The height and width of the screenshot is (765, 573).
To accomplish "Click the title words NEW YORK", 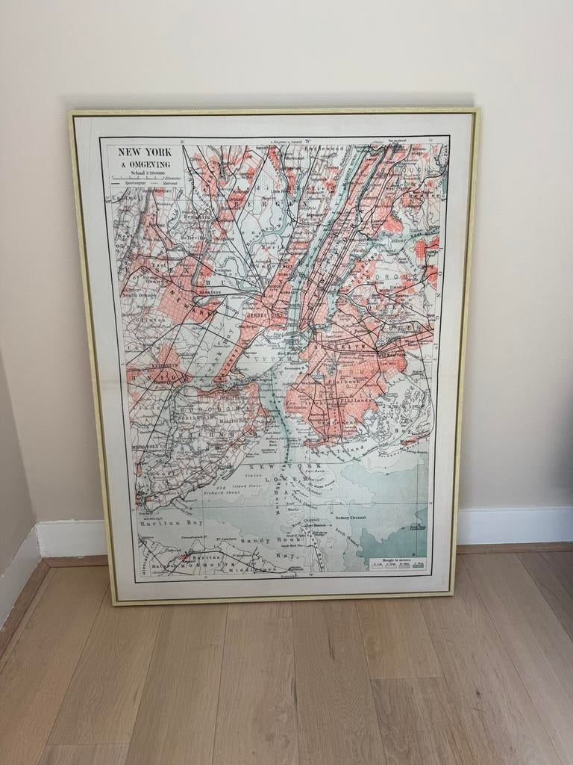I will coord(145,152).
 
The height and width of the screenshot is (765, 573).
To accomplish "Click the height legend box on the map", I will coord(397,563).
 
